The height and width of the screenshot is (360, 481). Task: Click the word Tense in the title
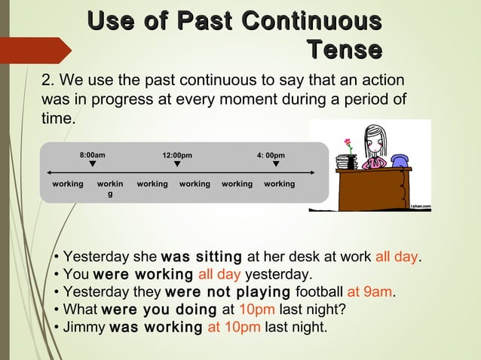[x=343, y=50]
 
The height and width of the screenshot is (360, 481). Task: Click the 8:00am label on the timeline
[x=93, y=155]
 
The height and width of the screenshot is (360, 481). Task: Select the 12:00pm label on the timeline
[x=177, y=156]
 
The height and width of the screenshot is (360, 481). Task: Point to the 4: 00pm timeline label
[x=271, y=156]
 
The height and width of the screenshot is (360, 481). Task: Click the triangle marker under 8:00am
[x=92, y=163]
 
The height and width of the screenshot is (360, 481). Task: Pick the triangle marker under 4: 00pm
[x=276, y=163]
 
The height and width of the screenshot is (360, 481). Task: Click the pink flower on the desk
[x=348, y=142]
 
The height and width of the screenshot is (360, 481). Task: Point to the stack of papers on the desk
[x=347, y=162]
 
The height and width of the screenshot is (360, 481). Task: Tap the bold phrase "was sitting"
[x=201, y=257]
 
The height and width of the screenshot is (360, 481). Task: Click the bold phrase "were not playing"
[x=227, y=291]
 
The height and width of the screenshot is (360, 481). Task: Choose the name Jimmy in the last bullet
[x=84, y=327]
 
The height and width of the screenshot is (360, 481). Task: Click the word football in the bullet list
[x=319, y=291]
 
